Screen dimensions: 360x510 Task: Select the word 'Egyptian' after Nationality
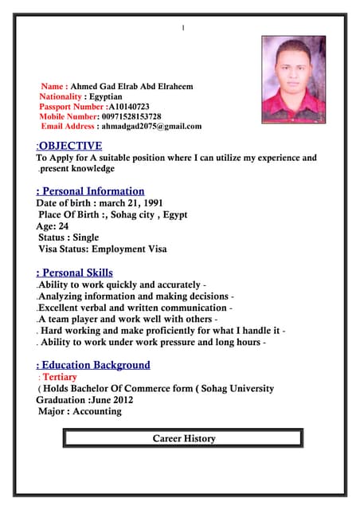106,96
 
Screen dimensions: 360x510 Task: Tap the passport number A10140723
128,106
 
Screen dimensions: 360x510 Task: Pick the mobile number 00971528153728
131,116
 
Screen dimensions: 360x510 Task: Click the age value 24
64,226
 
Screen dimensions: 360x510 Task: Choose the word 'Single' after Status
85,237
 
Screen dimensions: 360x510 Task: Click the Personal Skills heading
76,273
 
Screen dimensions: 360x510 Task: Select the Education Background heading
95,365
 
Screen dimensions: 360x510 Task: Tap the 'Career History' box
183,438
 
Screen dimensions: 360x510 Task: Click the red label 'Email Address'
68,127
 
